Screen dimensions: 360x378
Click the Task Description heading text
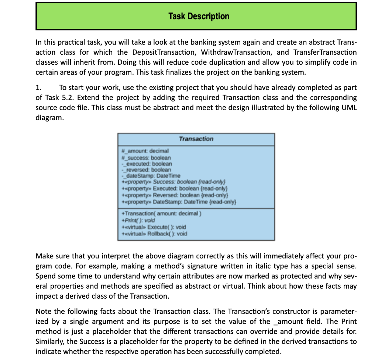pos(199,16)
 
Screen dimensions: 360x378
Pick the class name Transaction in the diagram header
pos(196,139)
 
